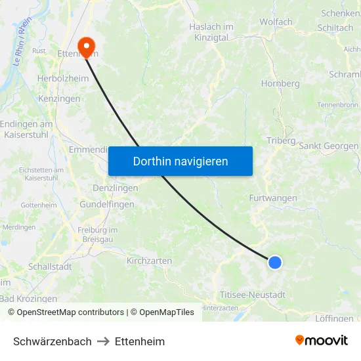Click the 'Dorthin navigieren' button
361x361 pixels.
coord(180,161)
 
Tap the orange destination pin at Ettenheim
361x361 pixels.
coord(86,45)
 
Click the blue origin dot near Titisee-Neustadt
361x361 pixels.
coord(274,263)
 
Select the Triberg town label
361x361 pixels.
coord(282,140)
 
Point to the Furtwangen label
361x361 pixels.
coord(273,198)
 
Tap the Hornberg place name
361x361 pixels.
coord(280,83)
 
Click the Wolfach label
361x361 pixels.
coord(276,22)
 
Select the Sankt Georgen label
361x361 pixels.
coord(328,146)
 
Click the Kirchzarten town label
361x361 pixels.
coord(149,261)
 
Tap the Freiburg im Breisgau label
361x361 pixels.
coord(97,234)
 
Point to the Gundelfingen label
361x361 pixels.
coord(107,204)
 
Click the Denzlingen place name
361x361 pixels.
coord(116,188)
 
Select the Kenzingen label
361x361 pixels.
coord(59,98)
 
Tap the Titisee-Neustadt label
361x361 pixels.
coord(253,295)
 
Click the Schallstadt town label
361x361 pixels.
coord(50,266)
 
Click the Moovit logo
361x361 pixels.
coord(322,341)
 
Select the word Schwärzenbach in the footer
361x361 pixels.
coord(53,341)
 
